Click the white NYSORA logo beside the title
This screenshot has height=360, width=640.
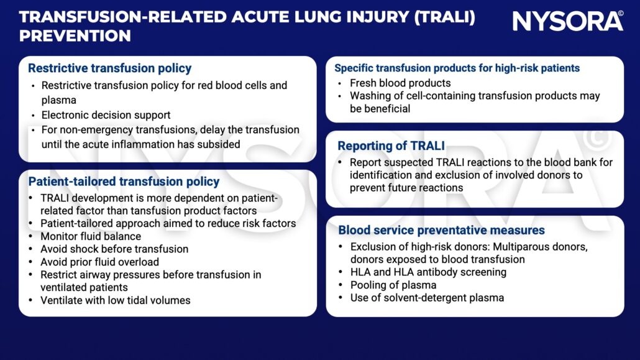click(x=567, y=21)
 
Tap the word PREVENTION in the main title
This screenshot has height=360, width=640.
click(x=75, y=36)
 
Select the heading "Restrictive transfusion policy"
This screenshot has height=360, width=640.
click(x=109, y=68)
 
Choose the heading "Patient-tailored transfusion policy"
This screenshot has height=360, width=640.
click(x=124, y=182)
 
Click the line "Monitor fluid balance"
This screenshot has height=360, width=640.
click(x=91, y=236)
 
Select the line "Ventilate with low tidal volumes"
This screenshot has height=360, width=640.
click(x=116, y=300)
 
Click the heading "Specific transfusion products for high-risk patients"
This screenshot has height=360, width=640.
click(x=457, y=68)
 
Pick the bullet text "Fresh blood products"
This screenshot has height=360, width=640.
click(x=400, y=83)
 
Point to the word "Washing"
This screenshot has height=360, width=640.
click(x=370, y=96)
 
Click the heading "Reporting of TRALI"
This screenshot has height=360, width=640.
click(x=391, y=146)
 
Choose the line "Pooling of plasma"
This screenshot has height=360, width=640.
click(x=393, y=285)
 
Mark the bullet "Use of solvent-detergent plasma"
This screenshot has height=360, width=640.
click(x=427, y=298)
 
